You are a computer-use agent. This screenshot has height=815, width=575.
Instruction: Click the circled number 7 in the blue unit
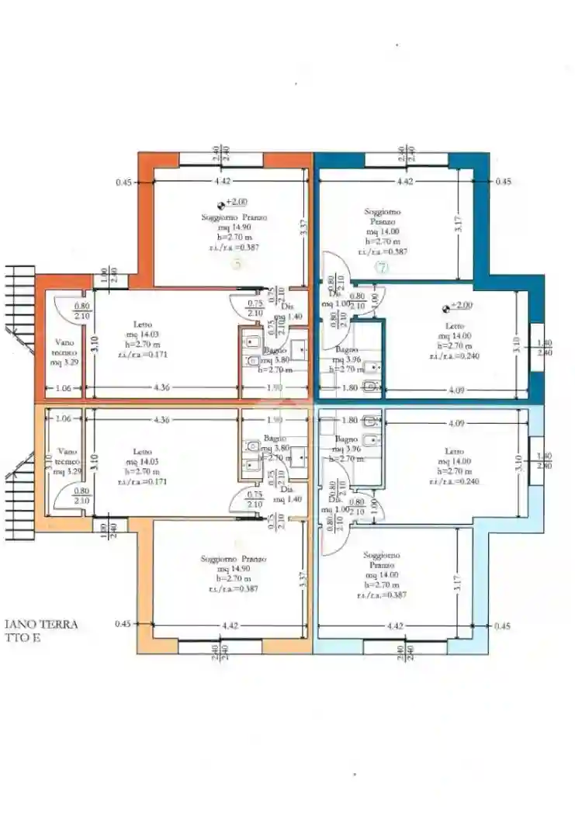[x=381, y=268]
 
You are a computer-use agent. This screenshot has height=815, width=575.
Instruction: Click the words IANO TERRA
[x=41, y=624]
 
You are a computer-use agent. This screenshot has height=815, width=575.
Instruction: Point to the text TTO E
[x=21, y=638]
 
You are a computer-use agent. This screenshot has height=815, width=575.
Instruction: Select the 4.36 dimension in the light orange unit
[x=161, y=420]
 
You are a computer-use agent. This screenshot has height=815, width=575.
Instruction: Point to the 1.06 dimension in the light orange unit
[x=64, y=420]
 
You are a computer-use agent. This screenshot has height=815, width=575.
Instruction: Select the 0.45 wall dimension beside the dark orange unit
[x=123, y=182]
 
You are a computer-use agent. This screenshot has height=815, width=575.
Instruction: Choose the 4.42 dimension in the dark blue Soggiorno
[x=404, y=182]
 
